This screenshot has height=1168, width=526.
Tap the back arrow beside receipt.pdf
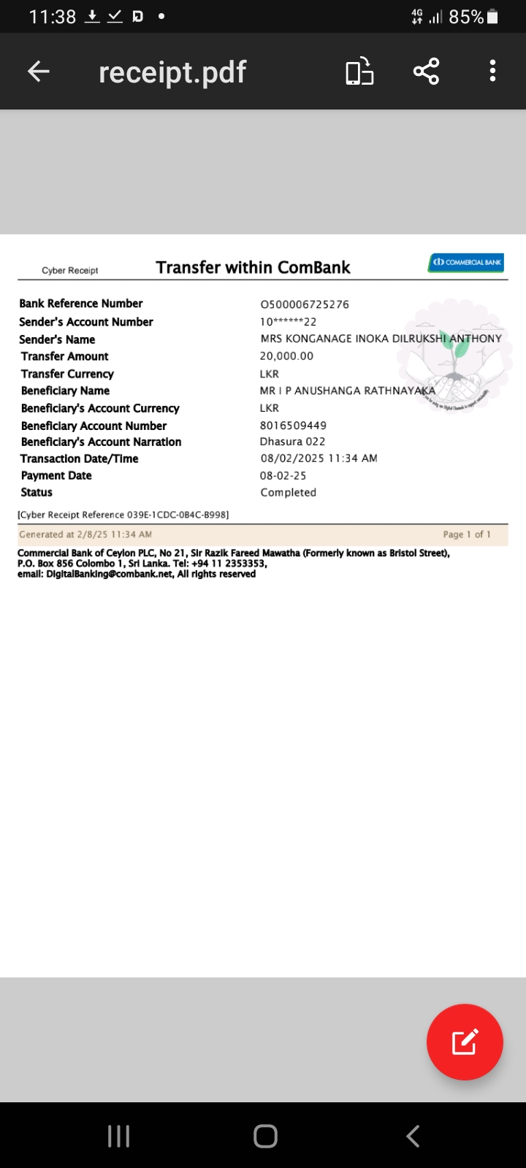tap(39, 72)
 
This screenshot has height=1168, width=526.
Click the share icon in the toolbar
tap(426, 72)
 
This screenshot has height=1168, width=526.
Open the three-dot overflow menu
tap(493, 72)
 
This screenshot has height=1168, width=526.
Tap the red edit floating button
tap(465, 1042)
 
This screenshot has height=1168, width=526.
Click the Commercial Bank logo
tap(466, 262)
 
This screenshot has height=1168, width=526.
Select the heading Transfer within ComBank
tap(253, 268)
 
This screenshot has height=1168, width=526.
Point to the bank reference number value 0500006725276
tap(305, 304)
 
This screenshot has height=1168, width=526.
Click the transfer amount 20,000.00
tap(286, 356)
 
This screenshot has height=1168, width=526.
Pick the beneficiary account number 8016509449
tap(293, 426)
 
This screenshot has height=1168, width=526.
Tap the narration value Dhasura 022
tap(292, 442)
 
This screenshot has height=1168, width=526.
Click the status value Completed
tap(288, 493)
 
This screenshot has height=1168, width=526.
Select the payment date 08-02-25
tap(283, 476)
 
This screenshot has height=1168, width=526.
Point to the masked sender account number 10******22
tap(288, 322)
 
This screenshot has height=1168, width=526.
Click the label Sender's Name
tap(57, 339)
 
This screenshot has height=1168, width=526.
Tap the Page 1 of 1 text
tap(467, 534)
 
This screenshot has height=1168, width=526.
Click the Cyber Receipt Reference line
tap(123, 515)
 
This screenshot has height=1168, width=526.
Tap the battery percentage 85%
tap(466, 17)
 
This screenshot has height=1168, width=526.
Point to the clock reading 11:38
tap(53, 17)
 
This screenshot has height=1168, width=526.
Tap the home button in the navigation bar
tap(265, 1136)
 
